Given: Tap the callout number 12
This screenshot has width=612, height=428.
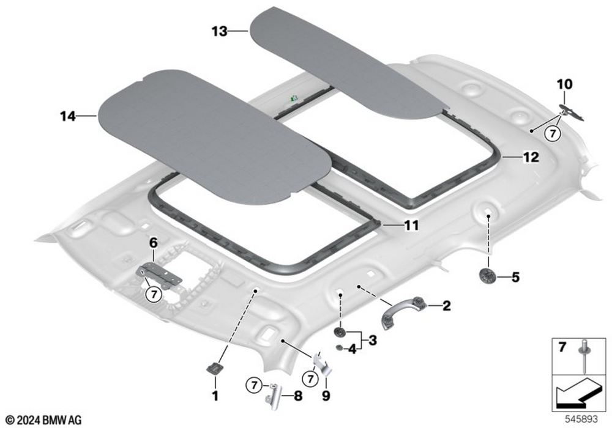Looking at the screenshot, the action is coord(531,157).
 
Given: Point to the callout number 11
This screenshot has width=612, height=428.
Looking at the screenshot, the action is coord(411,225).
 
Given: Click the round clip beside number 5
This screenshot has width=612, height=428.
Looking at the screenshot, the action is coord(487,276).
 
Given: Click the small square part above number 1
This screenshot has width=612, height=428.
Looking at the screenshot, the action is coord(215,367).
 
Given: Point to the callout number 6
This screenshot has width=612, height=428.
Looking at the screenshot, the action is coord(154,243).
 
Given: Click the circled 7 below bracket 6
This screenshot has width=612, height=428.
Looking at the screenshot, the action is coord(154,295).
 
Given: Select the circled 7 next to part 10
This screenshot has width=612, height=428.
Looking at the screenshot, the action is coord(553,133).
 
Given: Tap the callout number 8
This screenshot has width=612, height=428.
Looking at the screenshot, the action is coord(298,396).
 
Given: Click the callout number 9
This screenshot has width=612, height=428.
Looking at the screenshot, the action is coord(326,396).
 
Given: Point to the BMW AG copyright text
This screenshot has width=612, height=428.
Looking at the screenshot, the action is coord(43,420).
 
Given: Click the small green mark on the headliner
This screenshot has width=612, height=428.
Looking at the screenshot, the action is coord(294,97).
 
